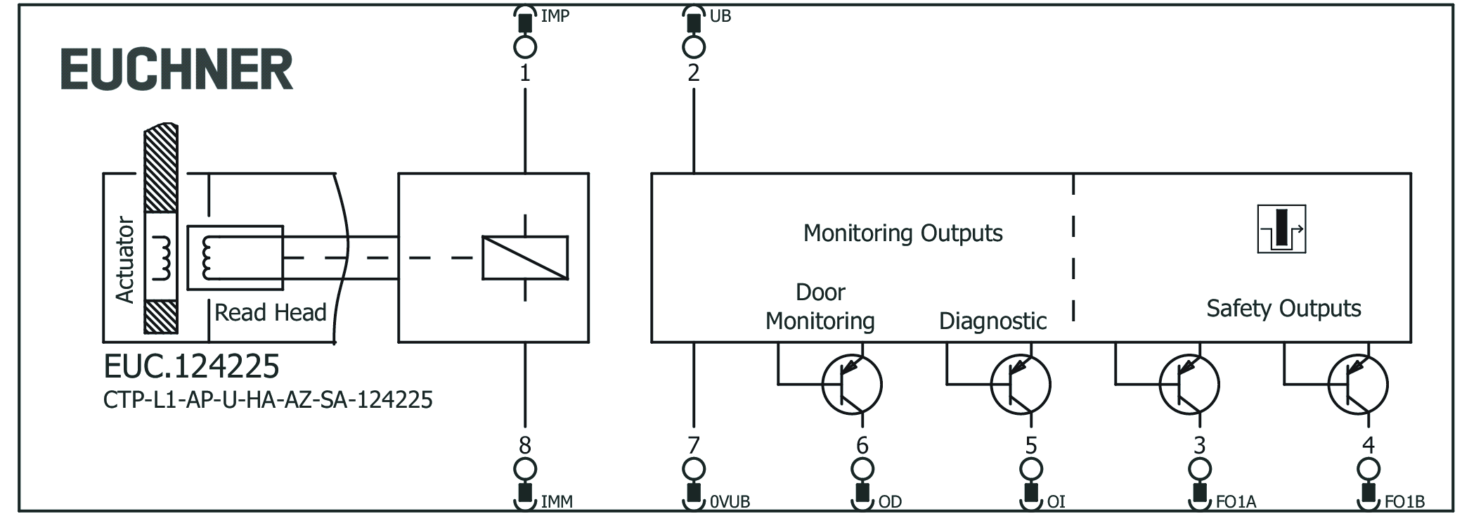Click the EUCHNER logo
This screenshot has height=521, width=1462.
tap(176, 70)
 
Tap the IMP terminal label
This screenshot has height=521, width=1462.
tap(555, 15)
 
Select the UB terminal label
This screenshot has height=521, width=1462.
tap(720, 15)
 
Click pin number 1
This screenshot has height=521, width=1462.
tap(525, 73)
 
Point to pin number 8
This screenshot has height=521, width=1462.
tap(525, 445)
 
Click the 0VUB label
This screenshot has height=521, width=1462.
tap(730, 501)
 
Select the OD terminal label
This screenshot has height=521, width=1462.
tap(890, 501)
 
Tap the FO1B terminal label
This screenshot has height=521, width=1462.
tap(1404, 501)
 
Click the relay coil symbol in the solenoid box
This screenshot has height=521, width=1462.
tap(525, 258)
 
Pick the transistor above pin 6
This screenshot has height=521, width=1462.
tap(852, 385)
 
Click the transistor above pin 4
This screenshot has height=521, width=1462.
tap(1358, 385)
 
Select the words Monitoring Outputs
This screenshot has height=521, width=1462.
tap(903, 233)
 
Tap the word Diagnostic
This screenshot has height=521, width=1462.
tap(992, 321)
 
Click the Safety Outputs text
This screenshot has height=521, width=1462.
tap(1283, 309)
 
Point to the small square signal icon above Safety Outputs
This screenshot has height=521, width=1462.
tap(1281, 229)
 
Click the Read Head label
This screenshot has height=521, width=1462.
tap(270, 312)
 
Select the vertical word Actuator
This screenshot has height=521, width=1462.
tap(125, 259)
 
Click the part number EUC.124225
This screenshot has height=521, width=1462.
tap(191, 366)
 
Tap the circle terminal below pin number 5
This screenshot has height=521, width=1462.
tap(1031, 469)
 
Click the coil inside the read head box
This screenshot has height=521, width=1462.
tap(207, 258)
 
